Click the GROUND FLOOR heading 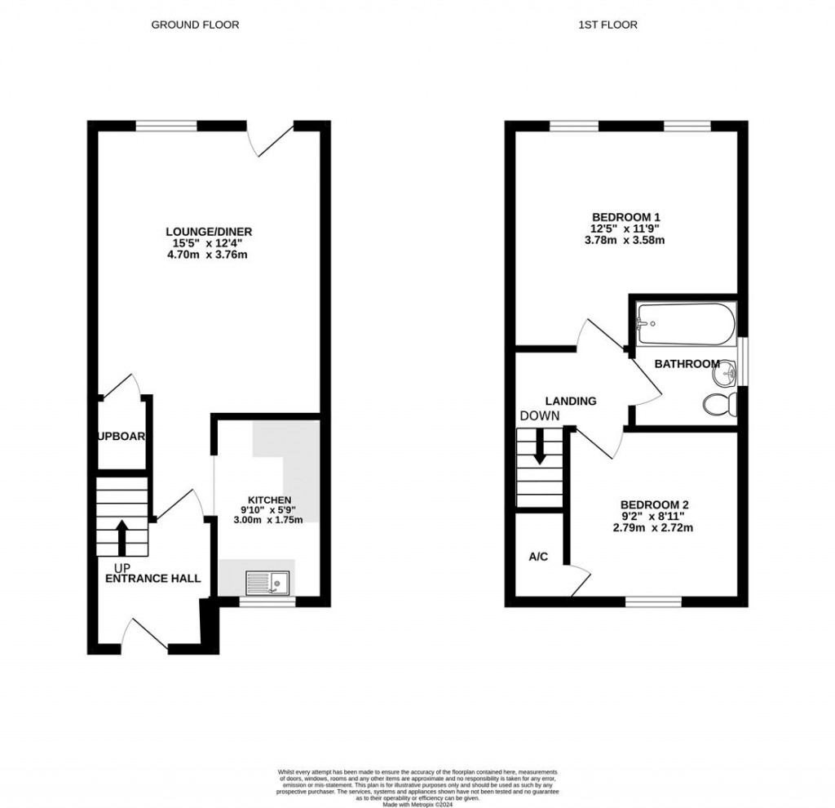point(195,24)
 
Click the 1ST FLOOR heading point(607,24)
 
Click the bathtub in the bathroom point(686,325)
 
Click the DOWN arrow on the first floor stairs point(539,450)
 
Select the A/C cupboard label point(538,557)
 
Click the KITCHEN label point(270,499)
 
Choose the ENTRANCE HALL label point(153,578)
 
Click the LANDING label point(571,401)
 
